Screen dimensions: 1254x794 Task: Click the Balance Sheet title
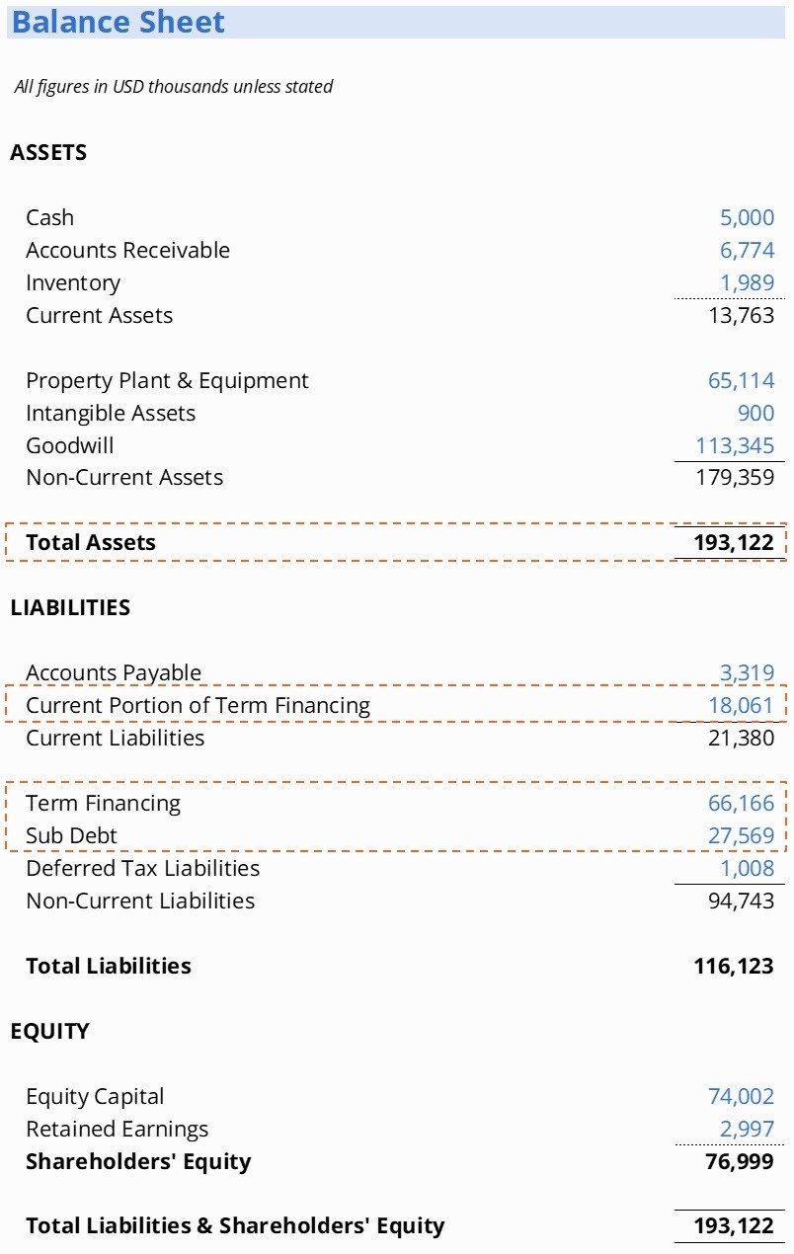[119, 22]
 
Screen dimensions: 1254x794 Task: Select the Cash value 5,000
[747, 217]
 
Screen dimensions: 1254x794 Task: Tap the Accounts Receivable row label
[127, 250]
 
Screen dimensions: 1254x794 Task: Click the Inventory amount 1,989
[747, 282]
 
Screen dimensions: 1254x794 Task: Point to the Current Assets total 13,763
[741, 315]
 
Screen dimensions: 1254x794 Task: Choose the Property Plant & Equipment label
[167, 380]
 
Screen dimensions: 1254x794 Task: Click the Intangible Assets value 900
[755, 413]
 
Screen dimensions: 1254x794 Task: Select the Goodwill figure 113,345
[735, 445]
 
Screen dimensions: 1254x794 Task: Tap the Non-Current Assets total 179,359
[735, 478]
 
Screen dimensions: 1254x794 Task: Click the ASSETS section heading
[48, 152]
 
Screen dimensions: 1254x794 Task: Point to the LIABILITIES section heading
[70, 607]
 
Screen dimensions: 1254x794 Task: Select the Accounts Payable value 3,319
[747, 672]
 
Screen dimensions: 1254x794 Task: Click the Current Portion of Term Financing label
[198, 705]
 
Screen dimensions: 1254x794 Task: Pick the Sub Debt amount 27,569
[741, 835]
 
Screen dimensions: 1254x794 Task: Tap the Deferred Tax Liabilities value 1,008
[747, 868]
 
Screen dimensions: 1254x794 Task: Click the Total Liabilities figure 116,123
[734, 966]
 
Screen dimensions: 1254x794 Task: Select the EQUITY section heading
[49, 1031]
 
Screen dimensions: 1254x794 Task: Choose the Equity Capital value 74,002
[741, 1096]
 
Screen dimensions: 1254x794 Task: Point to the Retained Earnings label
[117, 1129]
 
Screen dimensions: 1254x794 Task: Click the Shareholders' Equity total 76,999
[740, 1161]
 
